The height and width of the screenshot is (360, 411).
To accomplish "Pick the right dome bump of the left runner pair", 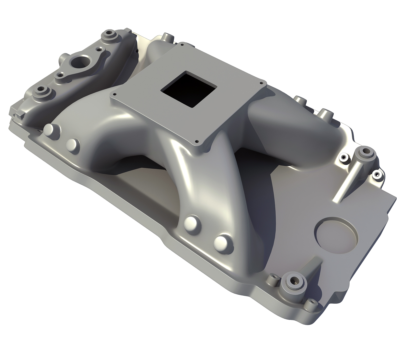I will (73, 145).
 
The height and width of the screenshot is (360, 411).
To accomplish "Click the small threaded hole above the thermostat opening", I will (98, 48).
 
